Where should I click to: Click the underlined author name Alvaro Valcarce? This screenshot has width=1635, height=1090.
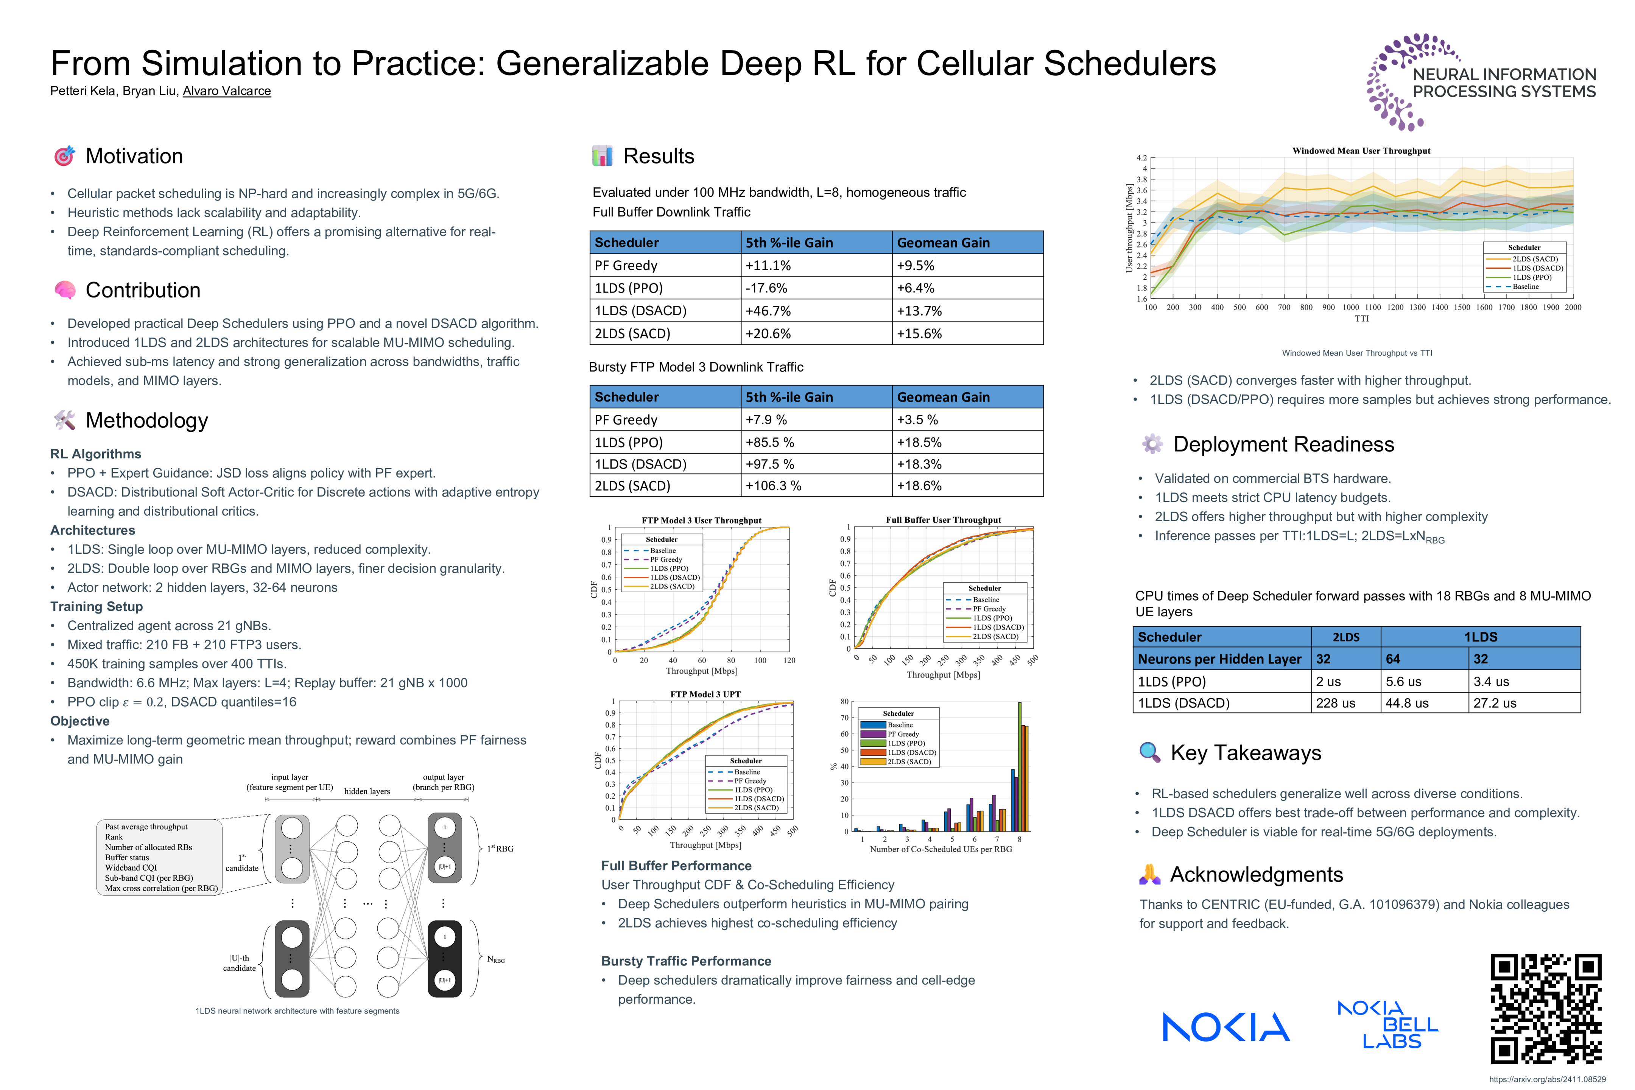coord(227,91)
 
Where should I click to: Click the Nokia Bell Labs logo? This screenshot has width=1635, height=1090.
coord(1387,1024)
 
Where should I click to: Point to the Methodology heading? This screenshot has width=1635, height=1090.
coord(147,420)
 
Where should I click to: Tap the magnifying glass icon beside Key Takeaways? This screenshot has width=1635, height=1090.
coord(1150,753)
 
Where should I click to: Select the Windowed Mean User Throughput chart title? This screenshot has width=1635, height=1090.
coord(1361,151)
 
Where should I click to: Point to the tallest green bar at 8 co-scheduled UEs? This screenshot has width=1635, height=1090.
coord(1020,765)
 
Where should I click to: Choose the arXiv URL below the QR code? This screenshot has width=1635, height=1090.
coord(1548,1079)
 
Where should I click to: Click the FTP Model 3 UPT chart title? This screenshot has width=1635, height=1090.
coord(705,694)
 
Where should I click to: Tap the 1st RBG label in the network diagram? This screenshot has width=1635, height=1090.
coord(500,849)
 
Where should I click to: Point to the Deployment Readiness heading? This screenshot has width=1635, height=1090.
coord(1283,445)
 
